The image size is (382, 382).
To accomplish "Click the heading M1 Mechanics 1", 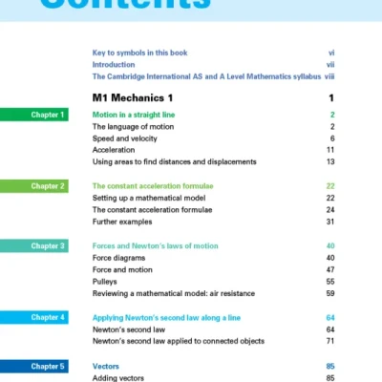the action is [x=133, y=97].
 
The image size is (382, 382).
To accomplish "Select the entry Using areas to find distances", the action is [x=174, y=162].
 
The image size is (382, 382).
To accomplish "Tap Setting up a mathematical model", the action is [x=152, y=198].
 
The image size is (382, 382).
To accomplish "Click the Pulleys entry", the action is [x=105, y=282].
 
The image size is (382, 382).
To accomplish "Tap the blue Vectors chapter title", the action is [x=105, y=366].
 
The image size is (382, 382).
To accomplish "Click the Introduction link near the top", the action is [x=114, y=64].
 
